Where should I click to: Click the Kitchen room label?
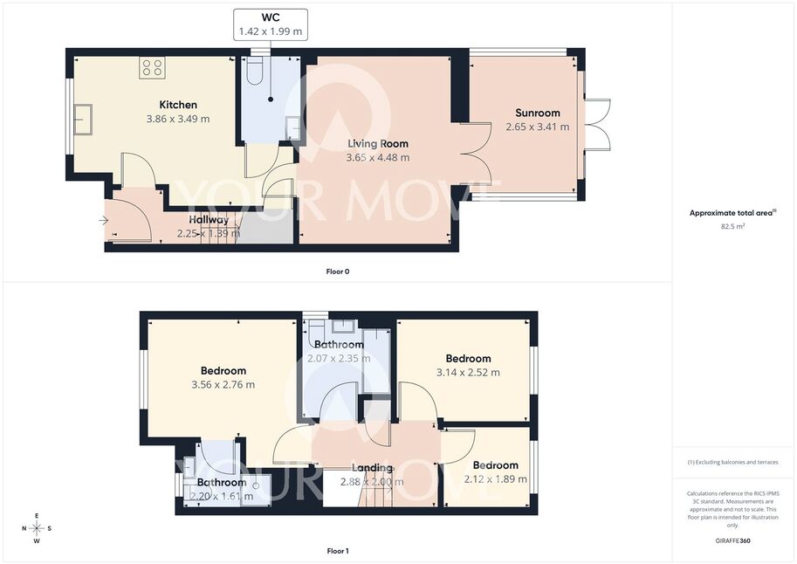tap(178, 105)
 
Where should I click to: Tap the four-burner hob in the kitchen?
tap(152, 67)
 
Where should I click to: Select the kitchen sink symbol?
tap(83, 120)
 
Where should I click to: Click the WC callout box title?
tap(271, 17)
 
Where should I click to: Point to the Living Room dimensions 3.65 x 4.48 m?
tap(378, 158)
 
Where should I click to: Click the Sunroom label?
tap(537, 113)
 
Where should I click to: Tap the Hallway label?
tap(209, 220)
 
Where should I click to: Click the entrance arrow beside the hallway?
tap(103, 220)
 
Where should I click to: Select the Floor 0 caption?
tap(338, 272)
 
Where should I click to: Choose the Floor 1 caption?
tap(338, 551)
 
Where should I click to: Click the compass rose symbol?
tap(38, 528)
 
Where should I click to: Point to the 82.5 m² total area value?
tap(732, 226)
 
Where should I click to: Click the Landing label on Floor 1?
tap(372, 468)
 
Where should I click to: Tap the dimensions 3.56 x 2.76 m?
tap(223, 385)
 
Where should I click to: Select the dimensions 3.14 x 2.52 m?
tap(468, 372)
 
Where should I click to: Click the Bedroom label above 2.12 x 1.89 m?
tap(495, 465)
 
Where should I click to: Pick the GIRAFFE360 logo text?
tap(732, 540)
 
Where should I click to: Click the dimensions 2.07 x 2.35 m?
tap(339, 359)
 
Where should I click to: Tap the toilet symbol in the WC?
tap(254, 71)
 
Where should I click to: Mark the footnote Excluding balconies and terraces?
tap(732, 462)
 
